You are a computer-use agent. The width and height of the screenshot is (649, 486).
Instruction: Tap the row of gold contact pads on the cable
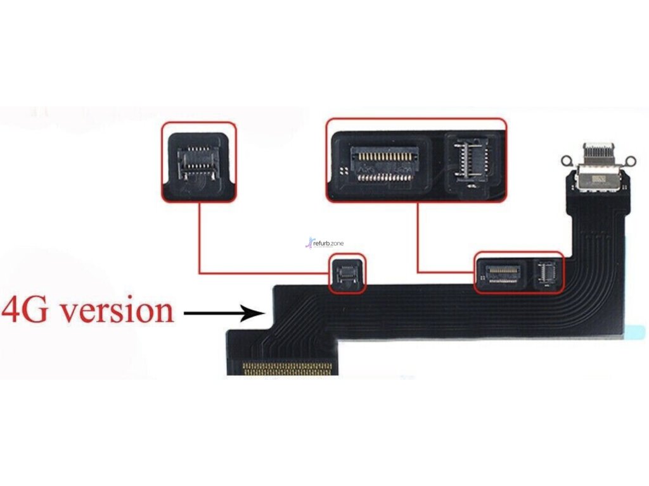[289, 368]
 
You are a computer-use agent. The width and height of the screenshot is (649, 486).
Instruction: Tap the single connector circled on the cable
[347, 273]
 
